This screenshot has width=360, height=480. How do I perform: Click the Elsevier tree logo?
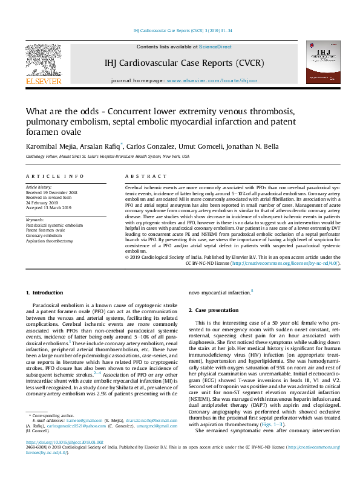tap(42, 63)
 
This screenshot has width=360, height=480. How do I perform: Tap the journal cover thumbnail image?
tap(319, 63)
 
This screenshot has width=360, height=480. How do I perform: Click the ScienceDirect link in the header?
tap(215, 47)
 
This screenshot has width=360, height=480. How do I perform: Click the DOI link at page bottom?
tap(61, 459)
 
